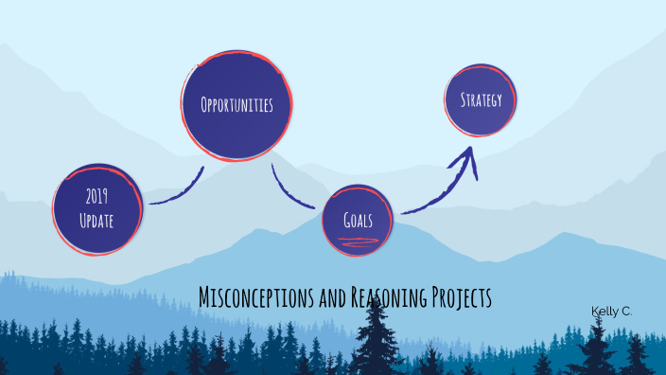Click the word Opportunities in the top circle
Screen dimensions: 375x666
click(237, 104)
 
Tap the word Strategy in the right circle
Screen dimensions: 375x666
click(481, 99)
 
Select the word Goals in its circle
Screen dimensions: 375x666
click(357, 220)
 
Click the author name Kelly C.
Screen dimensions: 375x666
click(610, 311)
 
